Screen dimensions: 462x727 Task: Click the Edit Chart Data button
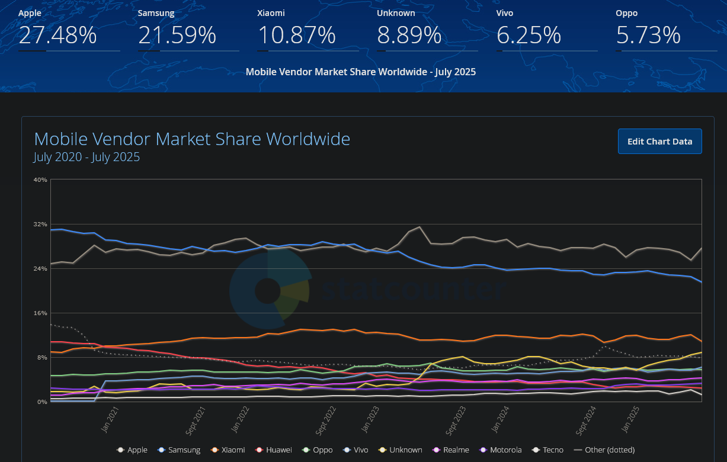point(659,141)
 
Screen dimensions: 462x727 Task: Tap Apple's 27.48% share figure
point(57,35)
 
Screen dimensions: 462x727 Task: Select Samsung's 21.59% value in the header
point(177,35)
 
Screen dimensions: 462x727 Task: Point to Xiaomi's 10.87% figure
point(297,35)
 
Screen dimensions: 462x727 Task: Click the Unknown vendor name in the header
point(396,12)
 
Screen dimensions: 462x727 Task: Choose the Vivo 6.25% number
point(529,35)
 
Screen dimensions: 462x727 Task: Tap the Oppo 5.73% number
point(648,35)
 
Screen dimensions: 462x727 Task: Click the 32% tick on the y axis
point(40,224)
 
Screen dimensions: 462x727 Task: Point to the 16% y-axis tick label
point(40,313)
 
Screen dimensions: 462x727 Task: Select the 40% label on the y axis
point(40,180)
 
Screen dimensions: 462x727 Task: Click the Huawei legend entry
point(274,450)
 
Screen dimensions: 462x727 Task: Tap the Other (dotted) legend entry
point(604,450)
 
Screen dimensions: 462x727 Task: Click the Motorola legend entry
point(501,450)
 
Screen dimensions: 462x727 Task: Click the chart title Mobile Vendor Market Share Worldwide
point(192,139)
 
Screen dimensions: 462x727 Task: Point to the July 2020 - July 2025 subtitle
point(87,157)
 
